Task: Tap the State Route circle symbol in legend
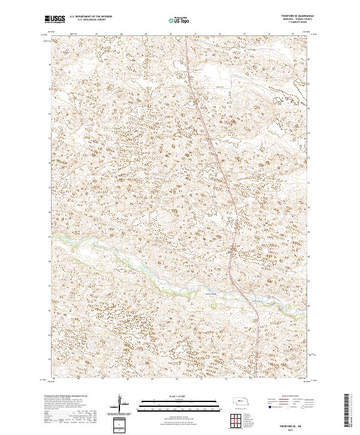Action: [303, 407]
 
